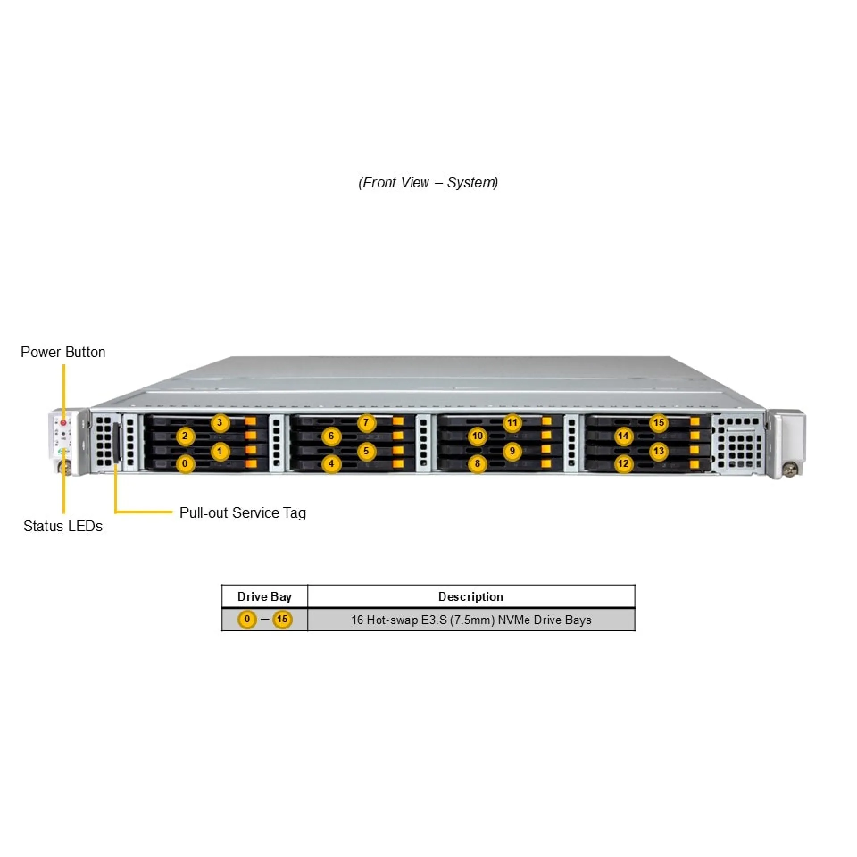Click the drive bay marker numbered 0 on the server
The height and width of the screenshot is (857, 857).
click(185, 464)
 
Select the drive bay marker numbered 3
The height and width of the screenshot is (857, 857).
click(220, 423)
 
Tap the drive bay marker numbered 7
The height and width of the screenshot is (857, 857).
click(366, 423)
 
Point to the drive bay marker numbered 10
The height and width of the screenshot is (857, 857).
click(477, 436)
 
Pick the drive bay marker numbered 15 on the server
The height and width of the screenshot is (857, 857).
click(659, 423)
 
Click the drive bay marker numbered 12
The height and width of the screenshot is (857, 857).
click(624, 464)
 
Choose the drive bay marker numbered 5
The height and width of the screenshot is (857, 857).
click(366, 451)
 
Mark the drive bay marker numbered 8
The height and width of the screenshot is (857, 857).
click(477, 464)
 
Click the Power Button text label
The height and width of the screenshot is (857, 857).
click(63, 352)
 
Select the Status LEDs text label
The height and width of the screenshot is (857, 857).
click(63, 526)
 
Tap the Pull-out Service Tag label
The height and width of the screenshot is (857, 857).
click(242, 513)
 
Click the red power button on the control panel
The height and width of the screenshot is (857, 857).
click(63, 422)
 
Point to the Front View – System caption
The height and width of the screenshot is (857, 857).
click(428, 183)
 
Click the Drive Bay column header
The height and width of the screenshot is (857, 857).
click(264, 597)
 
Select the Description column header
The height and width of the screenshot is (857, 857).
click(470, 597)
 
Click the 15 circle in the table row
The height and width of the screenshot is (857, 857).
click(282, 619)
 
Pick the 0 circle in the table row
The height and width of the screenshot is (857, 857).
click(247, 619)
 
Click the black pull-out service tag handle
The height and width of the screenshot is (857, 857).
click(117, 443)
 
